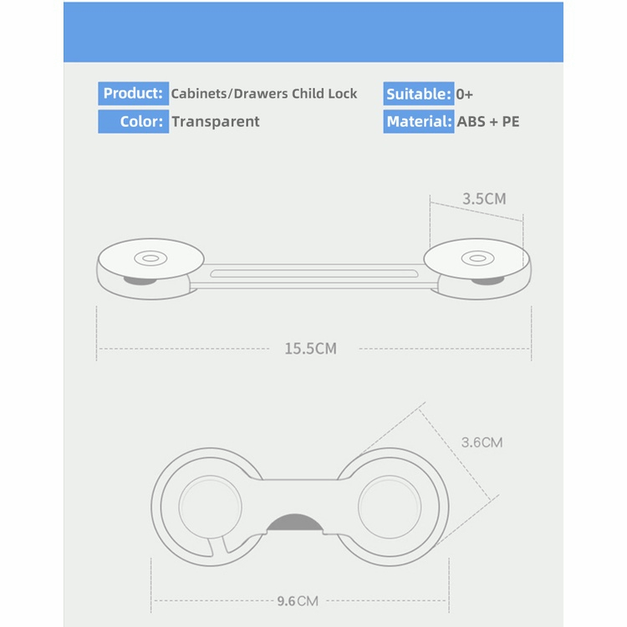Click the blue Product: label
tap(133, 93)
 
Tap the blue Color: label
tap(133, 121)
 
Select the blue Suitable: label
tap(419, 94)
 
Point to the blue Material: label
tap(419, 121)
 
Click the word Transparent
tap(216, 121)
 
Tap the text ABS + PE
tap(488, 121)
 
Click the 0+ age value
tap(464, 94)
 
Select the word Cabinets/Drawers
tap(230, 94)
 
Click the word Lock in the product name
tap(342, 94)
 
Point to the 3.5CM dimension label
tap(484, 199)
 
